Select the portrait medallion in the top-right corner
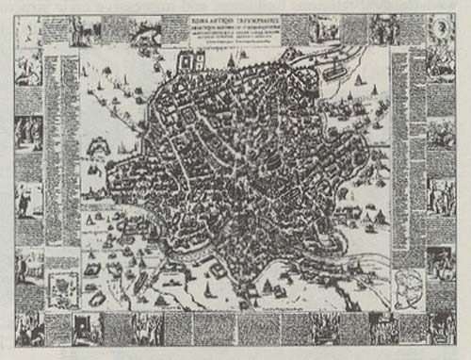point(441,27)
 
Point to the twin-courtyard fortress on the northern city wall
point(193,62)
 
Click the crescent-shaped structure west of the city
point(98,147)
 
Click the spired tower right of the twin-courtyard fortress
point(232,62)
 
